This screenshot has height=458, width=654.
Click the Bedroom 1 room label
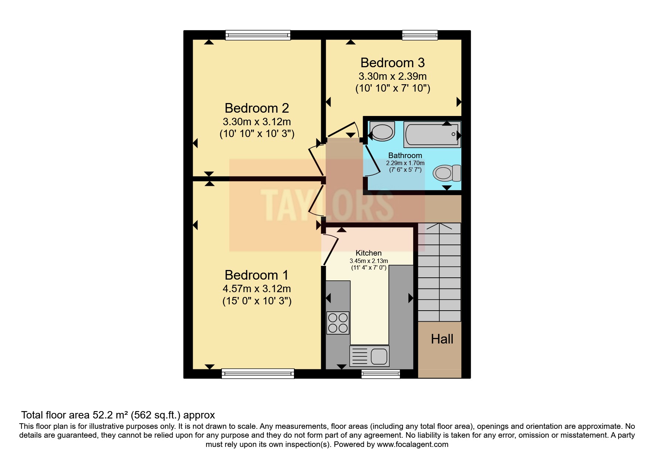click(256, 275)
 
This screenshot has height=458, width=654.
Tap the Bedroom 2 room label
click(257, 108)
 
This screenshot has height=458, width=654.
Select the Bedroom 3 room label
click(392, 63)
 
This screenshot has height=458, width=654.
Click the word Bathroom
click(405, 155)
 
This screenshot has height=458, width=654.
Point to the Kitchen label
click(368, 253)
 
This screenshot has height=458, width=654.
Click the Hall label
click(442, 339)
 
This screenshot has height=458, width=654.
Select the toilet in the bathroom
click(446, 173)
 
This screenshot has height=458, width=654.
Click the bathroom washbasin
click(382, 131)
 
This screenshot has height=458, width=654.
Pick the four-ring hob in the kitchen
click(338, 323)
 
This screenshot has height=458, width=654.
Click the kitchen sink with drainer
click(369, 356)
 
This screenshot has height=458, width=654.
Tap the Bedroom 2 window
click(258, 35)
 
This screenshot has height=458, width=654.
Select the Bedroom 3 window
click(420, 35)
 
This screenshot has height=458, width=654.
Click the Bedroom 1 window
click(258, 373)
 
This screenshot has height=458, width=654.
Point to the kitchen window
click(380, 374)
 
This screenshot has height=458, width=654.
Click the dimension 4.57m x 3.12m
click(256, 288)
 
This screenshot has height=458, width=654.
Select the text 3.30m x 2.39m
click(392, 76)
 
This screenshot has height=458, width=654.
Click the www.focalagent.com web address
click(412, 444)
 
